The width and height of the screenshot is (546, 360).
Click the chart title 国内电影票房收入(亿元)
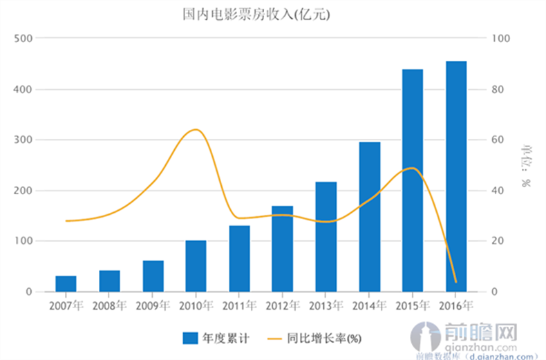[x=256, y=14]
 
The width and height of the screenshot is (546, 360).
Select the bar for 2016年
[x=456, y=176]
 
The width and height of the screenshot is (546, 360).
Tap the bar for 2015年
[x=413, y=180]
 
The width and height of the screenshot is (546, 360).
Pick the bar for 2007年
[x=66, y=283]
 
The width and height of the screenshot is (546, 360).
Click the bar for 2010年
[x=196, y=266]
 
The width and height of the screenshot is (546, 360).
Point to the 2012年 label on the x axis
[x=282, y=305]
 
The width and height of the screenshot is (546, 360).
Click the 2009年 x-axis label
[x=153, y=305]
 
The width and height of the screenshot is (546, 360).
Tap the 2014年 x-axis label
[x=369, y=305]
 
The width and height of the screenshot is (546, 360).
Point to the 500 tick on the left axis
[x=23, y=39]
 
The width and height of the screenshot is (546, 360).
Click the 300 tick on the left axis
[x=23, y=140]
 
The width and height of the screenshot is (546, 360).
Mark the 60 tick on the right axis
[x=498, y=140]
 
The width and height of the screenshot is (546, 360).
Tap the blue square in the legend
[x=191, y=338]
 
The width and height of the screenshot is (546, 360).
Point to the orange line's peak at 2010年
[x=196, y=130]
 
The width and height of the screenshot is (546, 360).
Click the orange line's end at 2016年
[x=456, y=282]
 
